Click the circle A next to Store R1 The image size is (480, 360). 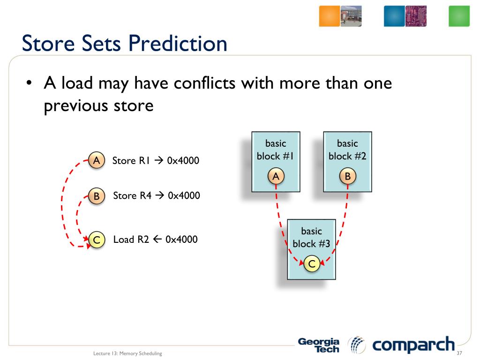pos(97,160)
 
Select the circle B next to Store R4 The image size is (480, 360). pos(97,196)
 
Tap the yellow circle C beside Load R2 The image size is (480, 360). pos(97,240)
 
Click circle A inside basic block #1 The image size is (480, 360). pos(276,176)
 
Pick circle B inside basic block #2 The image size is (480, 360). pos(348,176)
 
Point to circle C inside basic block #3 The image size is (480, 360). pos(312,263)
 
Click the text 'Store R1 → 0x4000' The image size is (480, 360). pos(156,160)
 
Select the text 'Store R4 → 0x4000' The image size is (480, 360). pos(157,195)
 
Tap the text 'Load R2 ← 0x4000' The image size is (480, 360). pos(155,239)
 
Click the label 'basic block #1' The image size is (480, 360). pos(275,150)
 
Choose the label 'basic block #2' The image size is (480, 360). pos(347,150)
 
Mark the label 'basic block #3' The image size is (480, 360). pos(311,237)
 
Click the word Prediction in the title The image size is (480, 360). pos(178,44)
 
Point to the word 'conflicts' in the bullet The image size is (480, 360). pos(204,83)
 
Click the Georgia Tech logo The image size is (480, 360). pos(319,345)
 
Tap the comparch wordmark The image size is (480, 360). pos(413,345)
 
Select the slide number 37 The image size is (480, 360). pos(459,353)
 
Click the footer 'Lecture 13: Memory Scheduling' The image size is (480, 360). pos(127,353)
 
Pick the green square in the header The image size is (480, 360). pos(459,16)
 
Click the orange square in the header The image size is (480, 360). pos(330,16)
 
